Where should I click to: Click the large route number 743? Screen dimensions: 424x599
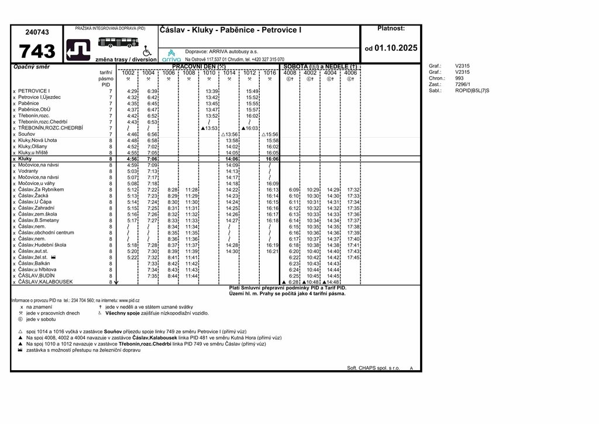(37, 51)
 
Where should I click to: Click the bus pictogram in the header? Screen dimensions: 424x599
(118, 42)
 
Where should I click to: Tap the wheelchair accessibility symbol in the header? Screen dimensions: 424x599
(147, 51)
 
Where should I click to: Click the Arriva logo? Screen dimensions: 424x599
(171, 56)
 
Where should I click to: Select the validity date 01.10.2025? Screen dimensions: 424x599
(395, 48)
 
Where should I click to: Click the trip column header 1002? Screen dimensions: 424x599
(128, 73)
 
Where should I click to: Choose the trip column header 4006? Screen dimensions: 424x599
(350, 73)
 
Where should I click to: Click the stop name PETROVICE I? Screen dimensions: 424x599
(34, 91)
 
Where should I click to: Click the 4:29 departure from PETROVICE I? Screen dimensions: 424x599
(132, 91)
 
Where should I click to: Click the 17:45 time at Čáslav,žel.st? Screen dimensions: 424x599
(353, 257)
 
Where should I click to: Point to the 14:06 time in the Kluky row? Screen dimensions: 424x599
(232, 159)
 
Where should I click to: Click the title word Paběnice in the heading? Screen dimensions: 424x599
(239, 30)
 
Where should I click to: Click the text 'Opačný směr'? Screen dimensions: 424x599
(32, 67)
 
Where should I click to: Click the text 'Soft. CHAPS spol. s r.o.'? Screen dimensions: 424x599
(373, 368)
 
